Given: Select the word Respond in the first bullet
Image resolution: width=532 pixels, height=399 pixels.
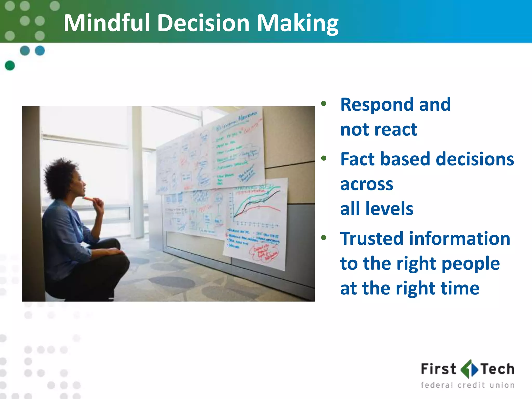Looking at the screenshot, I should [x=376, y=105].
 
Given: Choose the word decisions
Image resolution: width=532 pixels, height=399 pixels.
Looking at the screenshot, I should [x=475, y=159].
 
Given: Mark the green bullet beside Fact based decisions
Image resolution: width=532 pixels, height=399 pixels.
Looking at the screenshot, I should [x=324, y=158].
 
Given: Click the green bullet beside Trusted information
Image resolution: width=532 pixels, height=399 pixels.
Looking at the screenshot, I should [x=324, y=237].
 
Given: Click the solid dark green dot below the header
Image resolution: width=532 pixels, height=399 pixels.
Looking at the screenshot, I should [x=10, y=65].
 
